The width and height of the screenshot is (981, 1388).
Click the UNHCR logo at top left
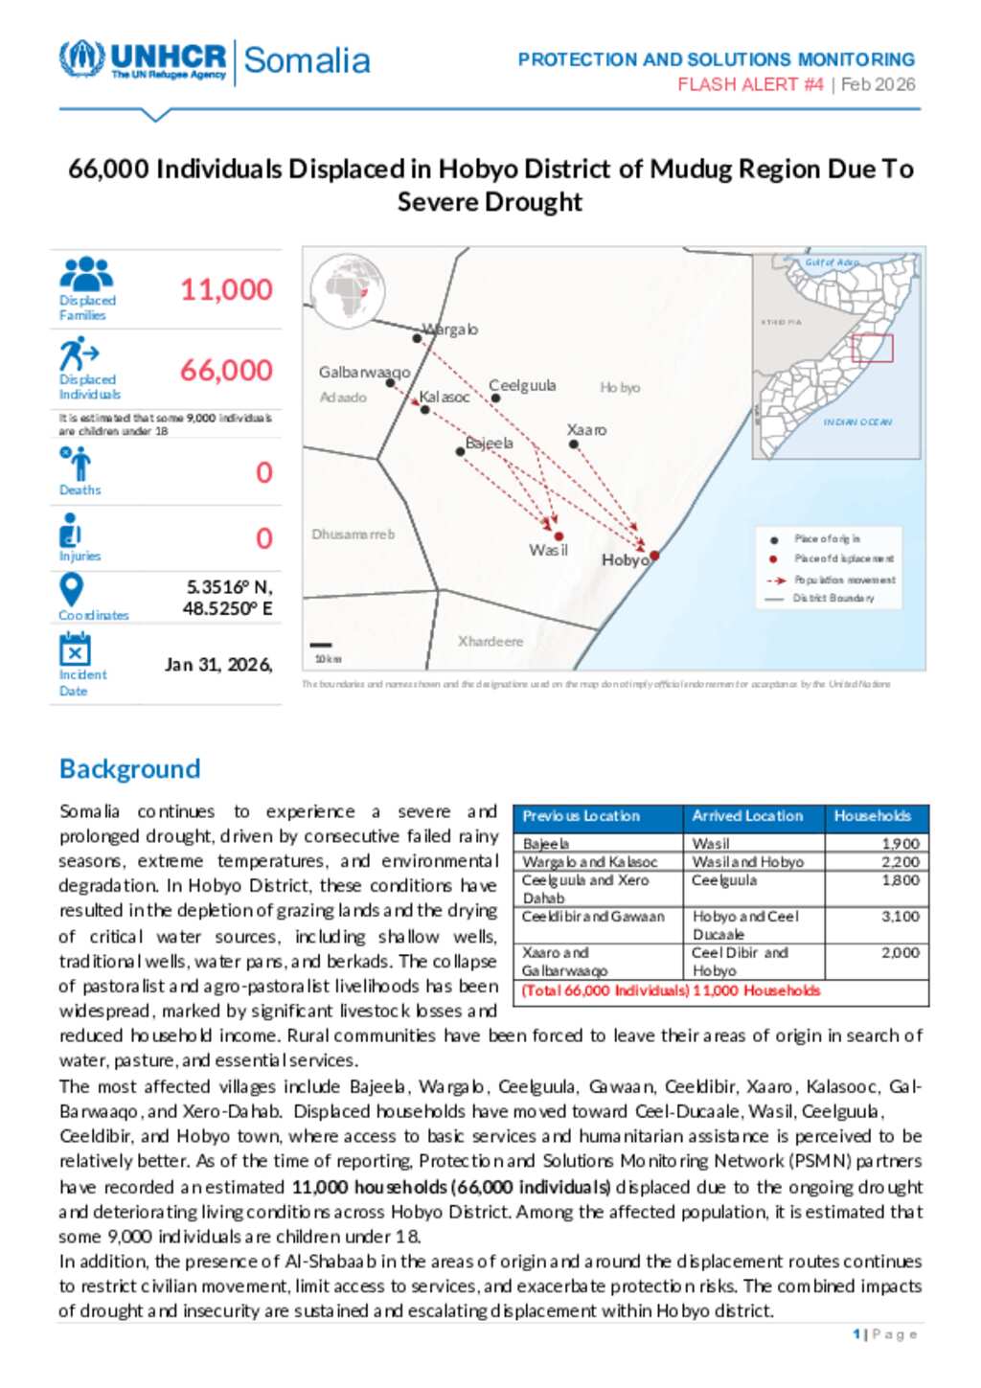click(x=144, y=59)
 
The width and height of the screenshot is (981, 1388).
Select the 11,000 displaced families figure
click(x=226, y=289)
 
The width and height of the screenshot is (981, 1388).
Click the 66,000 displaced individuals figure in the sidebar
click(x=226, y=370)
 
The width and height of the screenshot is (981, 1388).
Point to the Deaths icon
click(x=77, y=464)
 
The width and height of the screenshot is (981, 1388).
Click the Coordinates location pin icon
click(x=71, y=589)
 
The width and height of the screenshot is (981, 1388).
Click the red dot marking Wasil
click(x=559, y=536)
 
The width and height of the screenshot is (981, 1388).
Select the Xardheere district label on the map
click(x=490, y=641)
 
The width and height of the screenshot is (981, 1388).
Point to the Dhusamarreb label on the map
click(x=353, y=534)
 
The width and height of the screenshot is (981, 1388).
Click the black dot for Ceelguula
click(x=495, y=398)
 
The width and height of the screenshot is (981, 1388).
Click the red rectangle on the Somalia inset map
click(x=872, y=348)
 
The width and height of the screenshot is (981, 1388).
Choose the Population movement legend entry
click(x=844, y=580)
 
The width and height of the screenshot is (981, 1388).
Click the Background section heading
click(x=129, y=768)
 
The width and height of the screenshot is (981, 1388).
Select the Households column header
click(x=872, y=816)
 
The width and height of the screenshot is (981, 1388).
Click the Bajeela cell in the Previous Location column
click(x=546, y=844)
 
